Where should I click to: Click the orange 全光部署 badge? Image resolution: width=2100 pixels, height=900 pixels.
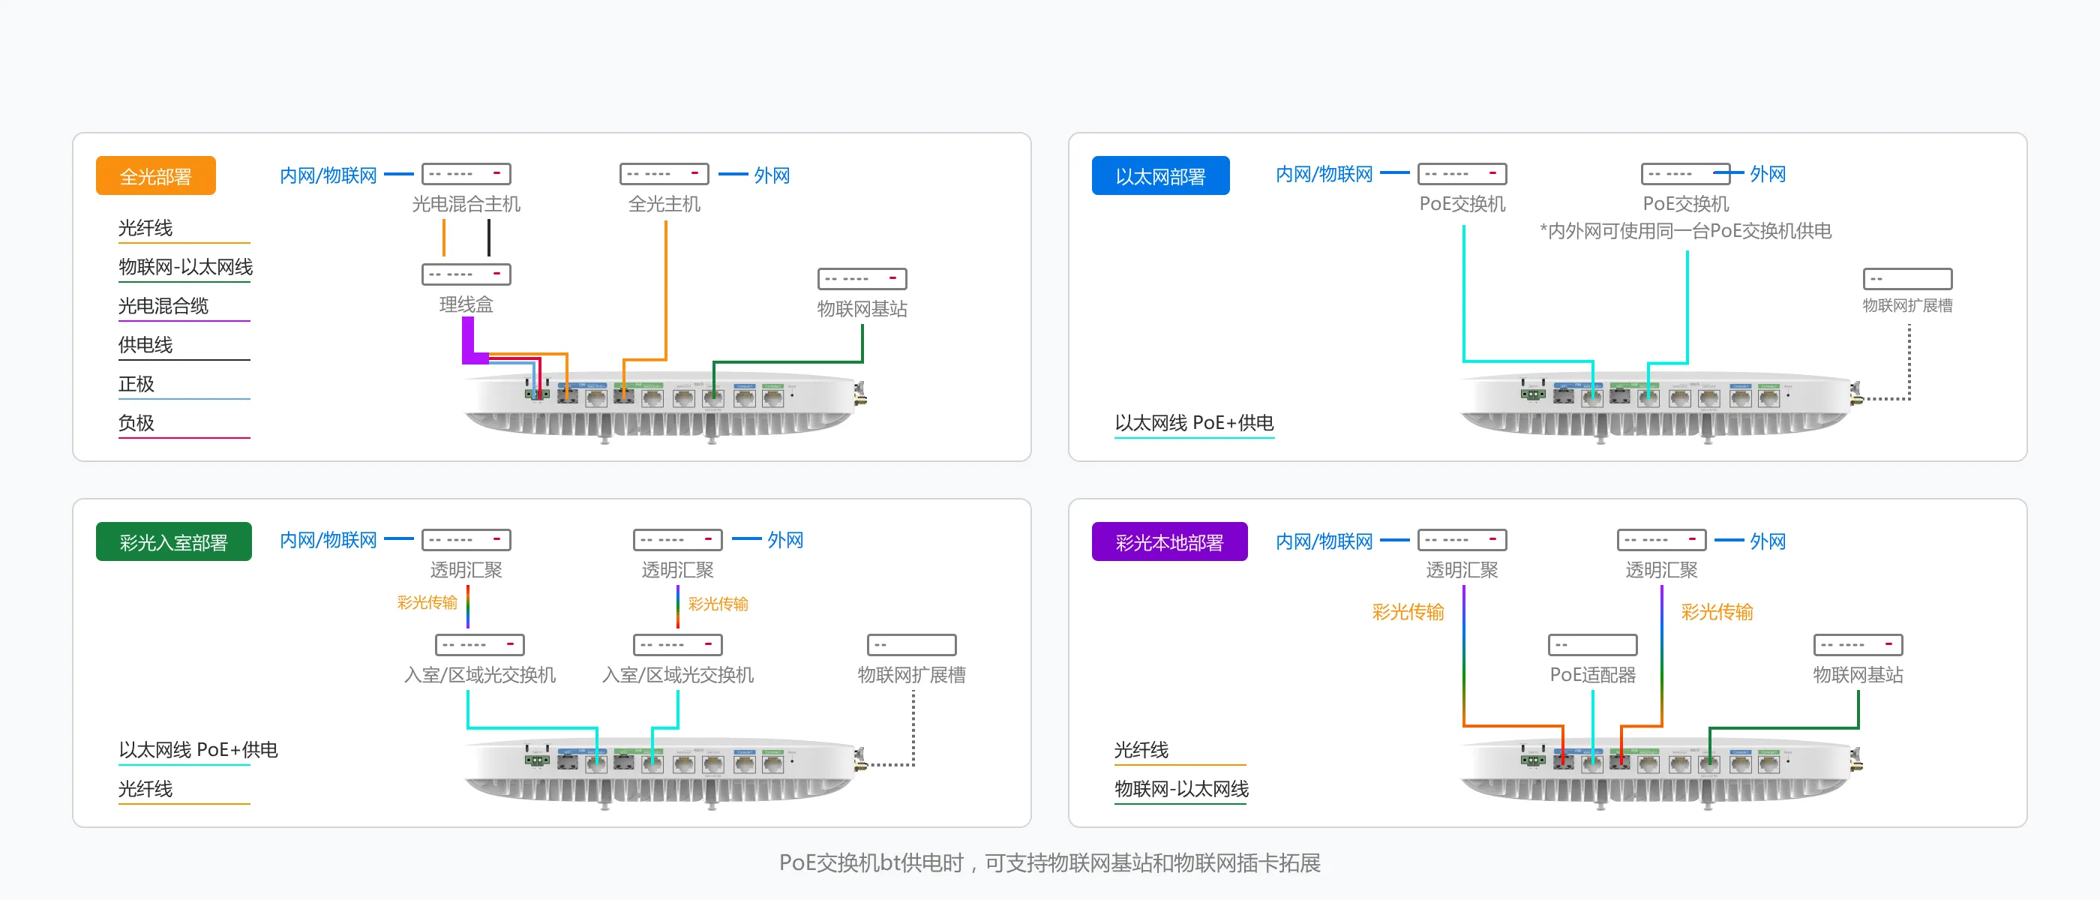156,176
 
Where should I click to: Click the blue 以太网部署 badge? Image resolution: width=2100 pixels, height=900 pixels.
1160,176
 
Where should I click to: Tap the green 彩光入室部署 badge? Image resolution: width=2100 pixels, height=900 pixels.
174,542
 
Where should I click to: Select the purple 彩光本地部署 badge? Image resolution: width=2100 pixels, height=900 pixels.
1169,542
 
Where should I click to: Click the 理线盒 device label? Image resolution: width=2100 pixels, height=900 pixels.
466,305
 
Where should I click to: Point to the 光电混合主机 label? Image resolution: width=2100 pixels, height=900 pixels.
466,204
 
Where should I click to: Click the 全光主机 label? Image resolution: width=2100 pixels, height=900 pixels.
664,204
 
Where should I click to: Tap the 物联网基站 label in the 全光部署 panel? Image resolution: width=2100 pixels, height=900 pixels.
862,309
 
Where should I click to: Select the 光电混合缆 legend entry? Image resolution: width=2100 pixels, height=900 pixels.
163,306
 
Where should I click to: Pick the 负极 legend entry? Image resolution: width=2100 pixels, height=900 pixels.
136,423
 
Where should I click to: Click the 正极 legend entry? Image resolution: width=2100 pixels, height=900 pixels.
136,384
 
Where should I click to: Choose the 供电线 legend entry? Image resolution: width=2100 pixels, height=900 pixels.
145,345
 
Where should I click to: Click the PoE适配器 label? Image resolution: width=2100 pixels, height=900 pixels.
1593,675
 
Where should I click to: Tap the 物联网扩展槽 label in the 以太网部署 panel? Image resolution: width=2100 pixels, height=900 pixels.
1907,306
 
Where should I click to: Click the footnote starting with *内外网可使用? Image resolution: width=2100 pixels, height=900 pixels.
1686,232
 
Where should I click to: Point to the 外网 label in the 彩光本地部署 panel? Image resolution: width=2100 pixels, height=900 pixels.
1768,541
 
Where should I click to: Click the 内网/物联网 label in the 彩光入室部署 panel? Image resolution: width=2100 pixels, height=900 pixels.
328,540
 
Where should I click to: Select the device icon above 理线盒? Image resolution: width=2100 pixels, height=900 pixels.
466,274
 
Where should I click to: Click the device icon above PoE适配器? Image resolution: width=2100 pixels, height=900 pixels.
1593,645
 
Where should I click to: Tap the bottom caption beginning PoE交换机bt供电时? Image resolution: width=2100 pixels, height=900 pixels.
1050,862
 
